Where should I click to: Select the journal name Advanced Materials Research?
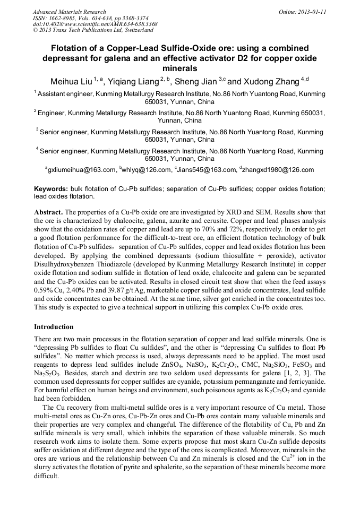(x=69, y=12)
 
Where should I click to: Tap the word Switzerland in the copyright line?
(x=136, y=30)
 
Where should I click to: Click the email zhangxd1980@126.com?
(x=278, y=170)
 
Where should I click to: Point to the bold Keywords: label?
(x=51, y=189)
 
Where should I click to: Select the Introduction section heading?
(x=54, y=326)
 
